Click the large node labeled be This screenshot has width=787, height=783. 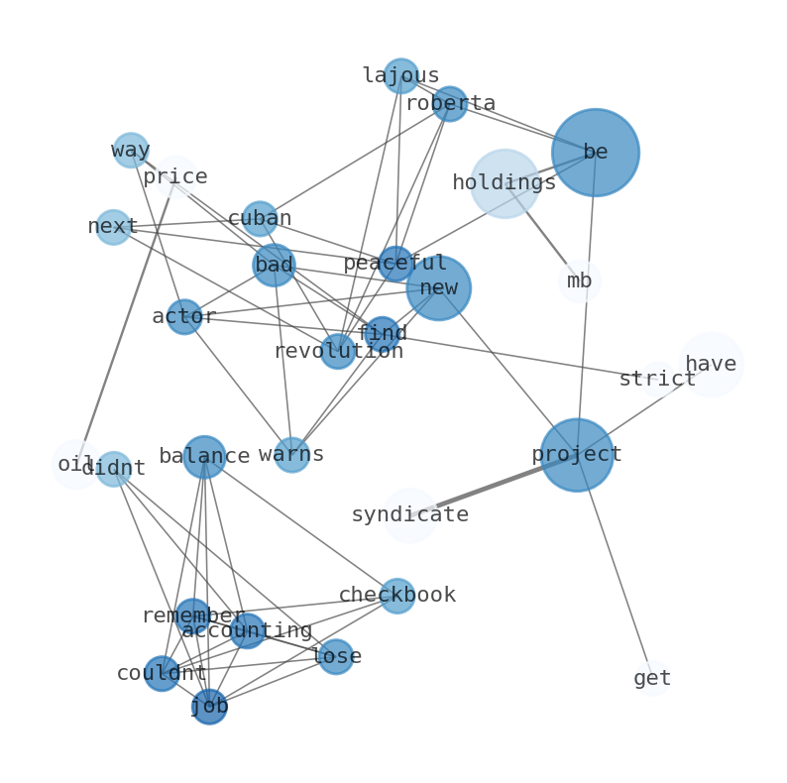pos(595,153)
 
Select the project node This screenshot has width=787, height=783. pos(576,455)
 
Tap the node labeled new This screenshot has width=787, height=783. pos(438,288)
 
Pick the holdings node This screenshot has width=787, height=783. pos(505,183)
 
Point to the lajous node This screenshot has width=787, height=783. pos(400,76)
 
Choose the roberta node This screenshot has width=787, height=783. pos(449,104)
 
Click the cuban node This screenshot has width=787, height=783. pos(260,219)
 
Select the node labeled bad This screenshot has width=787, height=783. pos(274,266)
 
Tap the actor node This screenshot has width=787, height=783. pos(183,317)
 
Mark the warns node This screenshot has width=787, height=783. pos(291,455)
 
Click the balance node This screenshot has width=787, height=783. pos(204,457)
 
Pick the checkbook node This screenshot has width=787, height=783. pos(396,596)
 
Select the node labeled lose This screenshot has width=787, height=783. pos(336,656)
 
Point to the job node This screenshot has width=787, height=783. pos(209,707)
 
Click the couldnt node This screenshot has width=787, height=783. pos(162,674)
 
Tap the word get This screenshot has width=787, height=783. pos(652,679)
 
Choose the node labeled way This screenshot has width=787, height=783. pos(131,151)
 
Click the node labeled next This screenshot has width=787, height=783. pos(113,227)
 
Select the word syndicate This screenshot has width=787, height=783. pos(409,515)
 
